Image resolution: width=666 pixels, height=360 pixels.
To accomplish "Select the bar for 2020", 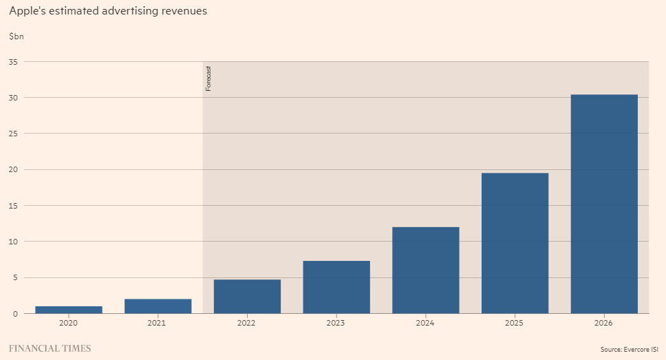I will (69, 310).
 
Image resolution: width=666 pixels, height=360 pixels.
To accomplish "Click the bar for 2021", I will (158, 306).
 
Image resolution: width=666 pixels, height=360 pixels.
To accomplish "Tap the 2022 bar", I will (247, 297).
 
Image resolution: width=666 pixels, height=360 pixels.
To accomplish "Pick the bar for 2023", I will (336, 287).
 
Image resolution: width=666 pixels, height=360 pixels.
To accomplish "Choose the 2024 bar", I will (425, 271).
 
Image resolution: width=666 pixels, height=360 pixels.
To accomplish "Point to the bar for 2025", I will (515, 243).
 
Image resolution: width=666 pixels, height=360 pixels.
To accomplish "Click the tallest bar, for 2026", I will (604, 204).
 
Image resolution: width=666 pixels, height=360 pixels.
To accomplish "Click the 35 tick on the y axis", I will (13, 62).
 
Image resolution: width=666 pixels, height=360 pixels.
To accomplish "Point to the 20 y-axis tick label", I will (13, 169).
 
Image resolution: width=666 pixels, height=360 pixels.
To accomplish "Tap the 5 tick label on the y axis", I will (15, 277).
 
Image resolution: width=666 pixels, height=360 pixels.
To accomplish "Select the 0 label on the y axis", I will (15, 313).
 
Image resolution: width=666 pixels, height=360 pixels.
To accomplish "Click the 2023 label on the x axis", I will (336, 323).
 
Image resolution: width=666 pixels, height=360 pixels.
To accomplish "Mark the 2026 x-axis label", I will (604, 323).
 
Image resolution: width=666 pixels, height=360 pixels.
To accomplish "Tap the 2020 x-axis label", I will (69, 323).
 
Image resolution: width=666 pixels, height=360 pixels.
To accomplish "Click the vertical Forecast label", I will (208, 78).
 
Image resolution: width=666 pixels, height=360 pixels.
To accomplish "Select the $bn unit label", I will (17, 36).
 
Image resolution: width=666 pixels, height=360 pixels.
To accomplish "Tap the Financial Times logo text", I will (50, 348).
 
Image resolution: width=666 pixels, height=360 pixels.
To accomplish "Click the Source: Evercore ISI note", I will (629, 350).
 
